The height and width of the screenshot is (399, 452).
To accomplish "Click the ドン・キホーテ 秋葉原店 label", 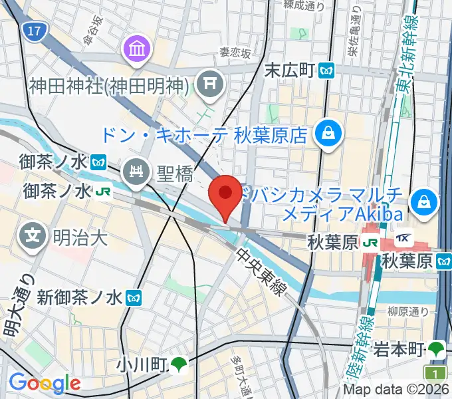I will (x=204, y=136).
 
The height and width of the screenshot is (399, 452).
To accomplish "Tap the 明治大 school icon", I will (x=33, y=235).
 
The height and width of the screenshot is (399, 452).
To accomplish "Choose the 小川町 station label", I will (x=140, y=364).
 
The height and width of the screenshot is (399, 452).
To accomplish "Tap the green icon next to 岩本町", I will (x=436, y=347).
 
